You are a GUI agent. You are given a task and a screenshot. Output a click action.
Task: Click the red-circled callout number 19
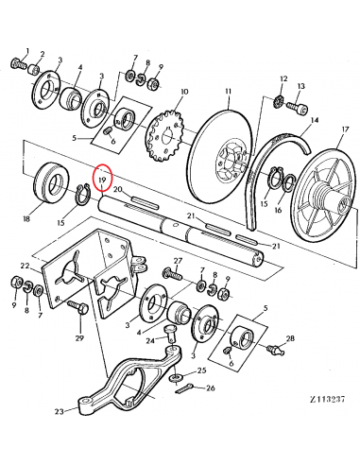(102, 180)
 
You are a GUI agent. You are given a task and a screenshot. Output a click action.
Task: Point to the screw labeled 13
(297, 109)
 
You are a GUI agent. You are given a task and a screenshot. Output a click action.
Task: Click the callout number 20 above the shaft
(117, 189)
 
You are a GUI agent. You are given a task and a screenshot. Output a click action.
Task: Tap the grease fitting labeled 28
(276, 349)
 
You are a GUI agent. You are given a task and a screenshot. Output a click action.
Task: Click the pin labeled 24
(171, 335)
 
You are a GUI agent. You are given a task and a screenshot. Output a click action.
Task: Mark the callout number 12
(283, 78)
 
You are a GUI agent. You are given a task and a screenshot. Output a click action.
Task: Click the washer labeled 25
(177, 377)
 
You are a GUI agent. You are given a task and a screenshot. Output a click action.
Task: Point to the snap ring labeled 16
(289, 182)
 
